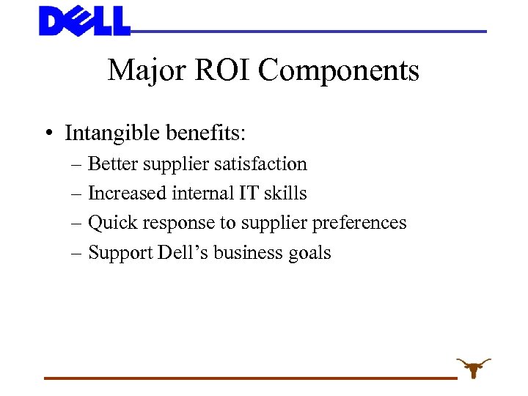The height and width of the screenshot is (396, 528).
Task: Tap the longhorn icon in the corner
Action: point(473,367)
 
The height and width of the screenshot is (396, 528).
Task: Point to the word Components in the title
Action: point(339,71)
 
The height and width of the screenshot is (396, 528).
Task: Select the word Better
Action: point(112,164)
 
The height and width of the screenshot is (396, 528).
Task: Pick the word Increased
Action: point(127,193)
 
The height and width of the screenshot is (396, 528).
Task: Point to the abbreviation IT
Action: point(243,193)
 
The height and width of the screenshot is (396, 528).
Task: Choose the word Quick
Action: point(110,223)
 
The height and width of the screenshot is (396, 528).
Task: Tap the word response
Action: point(174,223)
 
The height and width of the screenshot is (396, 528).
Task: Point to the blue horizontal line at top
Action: point(308,32)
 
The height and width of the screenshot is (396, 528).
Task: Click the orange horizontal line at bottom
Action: point(249,378)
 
